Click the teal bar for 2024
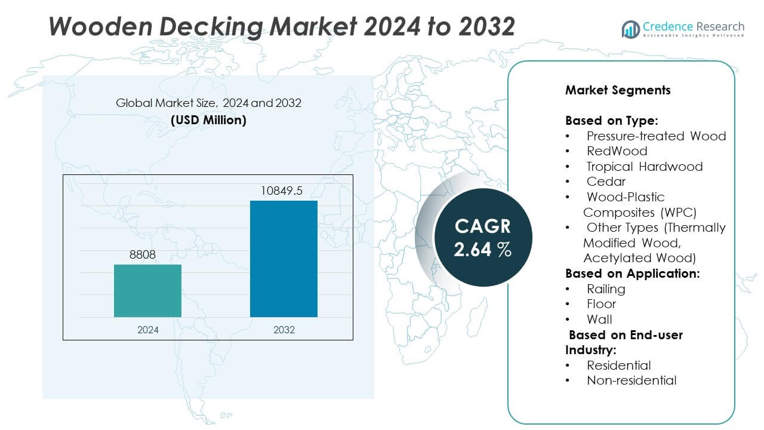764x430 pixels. click(x=147, y=291)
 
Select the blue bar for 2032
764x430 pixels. click(x=284, y=259)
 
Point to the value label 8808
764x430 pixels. click(x=143, y=254)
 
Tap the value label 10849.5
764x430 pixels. click(x=282, y=191)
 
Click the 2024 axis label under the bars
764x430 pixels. click(x=147, y=330)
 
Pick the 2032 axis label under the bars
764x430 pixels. click(x=284, y=330)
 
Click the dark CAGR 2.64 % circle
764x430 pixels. click(x=483, y=237)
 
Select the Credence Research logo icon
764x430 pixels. click(x=630, y=29)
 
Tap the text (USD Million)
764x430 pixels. click(x=208, y=119)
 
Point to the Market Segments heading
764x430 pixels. click(x=618, y=90)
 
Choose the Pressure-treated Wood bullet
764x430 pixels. click(x=656, y=136)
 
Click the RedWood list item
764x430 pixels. click(x=617, y=151)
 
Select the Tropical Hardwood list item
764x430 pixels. click(x=644, y=167)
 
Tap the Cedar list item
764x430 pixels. click(x=606, y=182)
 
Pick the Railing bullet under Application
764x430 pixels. click(x=606, y=289)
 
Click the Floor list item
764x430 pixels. click(x=601, y=304)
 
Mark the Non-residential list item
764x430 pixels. click(x=631, y=380)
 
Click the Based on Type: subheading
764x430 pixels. click(x=612, y=121)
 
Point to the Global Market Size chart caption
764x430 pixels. click(x=208, y=103)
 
